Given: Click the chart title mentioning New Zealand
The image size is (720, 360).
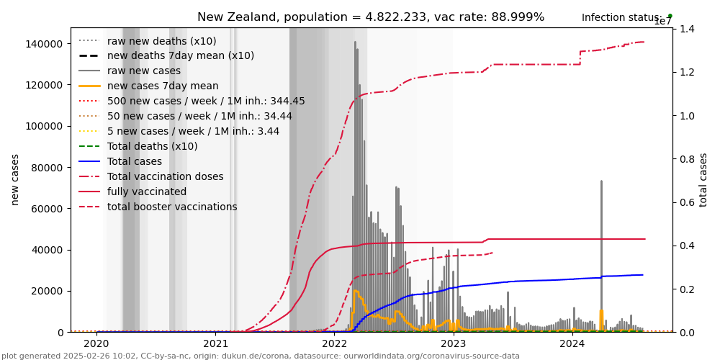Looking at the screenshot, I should click(x=371, y=17).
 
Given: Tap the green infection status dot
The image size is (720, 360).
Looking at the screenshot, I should click(x=670, y=16).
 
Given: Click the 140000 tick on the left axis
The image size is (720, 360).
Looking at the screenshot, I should click(x=44, y=44).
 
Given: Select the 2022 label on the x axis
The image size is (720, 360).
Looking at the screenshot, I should click(x=335, y=344).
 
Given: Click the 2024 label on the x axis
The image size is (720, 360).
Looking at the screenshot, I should click(x=572, y=344).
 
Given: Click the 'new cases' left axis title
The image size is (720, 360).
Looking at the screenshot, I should click(x=14, y=179).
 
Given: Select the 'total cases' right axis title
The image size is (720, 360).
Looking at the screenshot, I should click(x=703, y=179).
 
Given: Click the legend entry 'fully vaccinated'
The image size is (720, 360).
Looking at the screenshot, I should click(x=147, y=192).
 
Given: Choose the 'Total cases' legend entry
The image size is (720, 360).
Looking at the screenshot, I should click(x=136, y=162).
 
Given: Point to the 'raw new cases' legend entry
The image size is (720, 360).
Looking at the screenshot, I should click(x=144, y=71).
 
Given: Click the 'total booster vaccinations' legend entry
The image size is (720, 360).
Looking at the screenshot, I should click(x=172, y=207).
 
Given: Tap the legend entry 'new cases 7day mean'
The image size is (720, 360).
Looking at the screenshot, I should click(x=163, y=86).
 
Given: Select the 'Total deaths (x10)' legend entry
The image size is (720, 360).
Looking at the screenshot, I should click(x=152, y=147).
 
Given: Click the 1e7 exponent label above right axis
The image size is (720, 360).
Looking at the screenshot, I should click(x=663, y=22).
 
